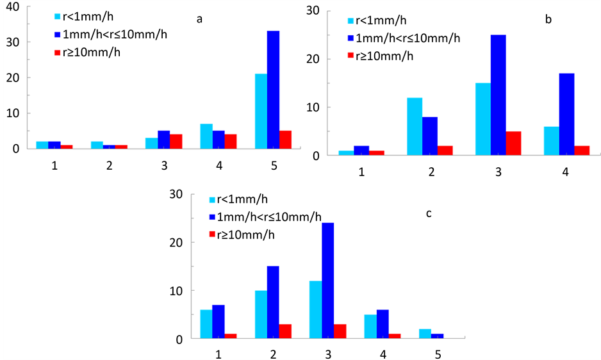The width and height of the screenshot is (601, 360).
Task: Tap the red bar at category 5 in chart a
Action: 285,140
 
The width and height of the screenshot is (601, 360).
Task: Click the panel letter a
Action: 199,19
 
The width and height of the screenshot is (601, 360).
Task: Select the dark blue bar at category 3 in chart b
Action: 498,95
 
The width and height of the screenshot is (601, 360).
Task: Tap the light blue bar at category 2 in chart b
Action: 415,126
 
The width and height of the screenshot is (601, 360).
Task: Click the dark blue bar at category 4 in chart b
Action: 566,115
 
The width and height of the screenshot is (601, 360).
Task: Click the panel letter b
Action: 548,20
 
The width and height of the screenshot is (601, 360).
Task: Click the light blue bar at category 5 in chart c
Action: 425,334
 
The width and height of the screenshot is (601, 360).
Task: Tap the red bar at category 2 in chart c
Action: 285,331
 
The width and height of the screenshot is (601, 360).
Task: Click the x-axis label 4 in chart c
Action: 382,353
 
